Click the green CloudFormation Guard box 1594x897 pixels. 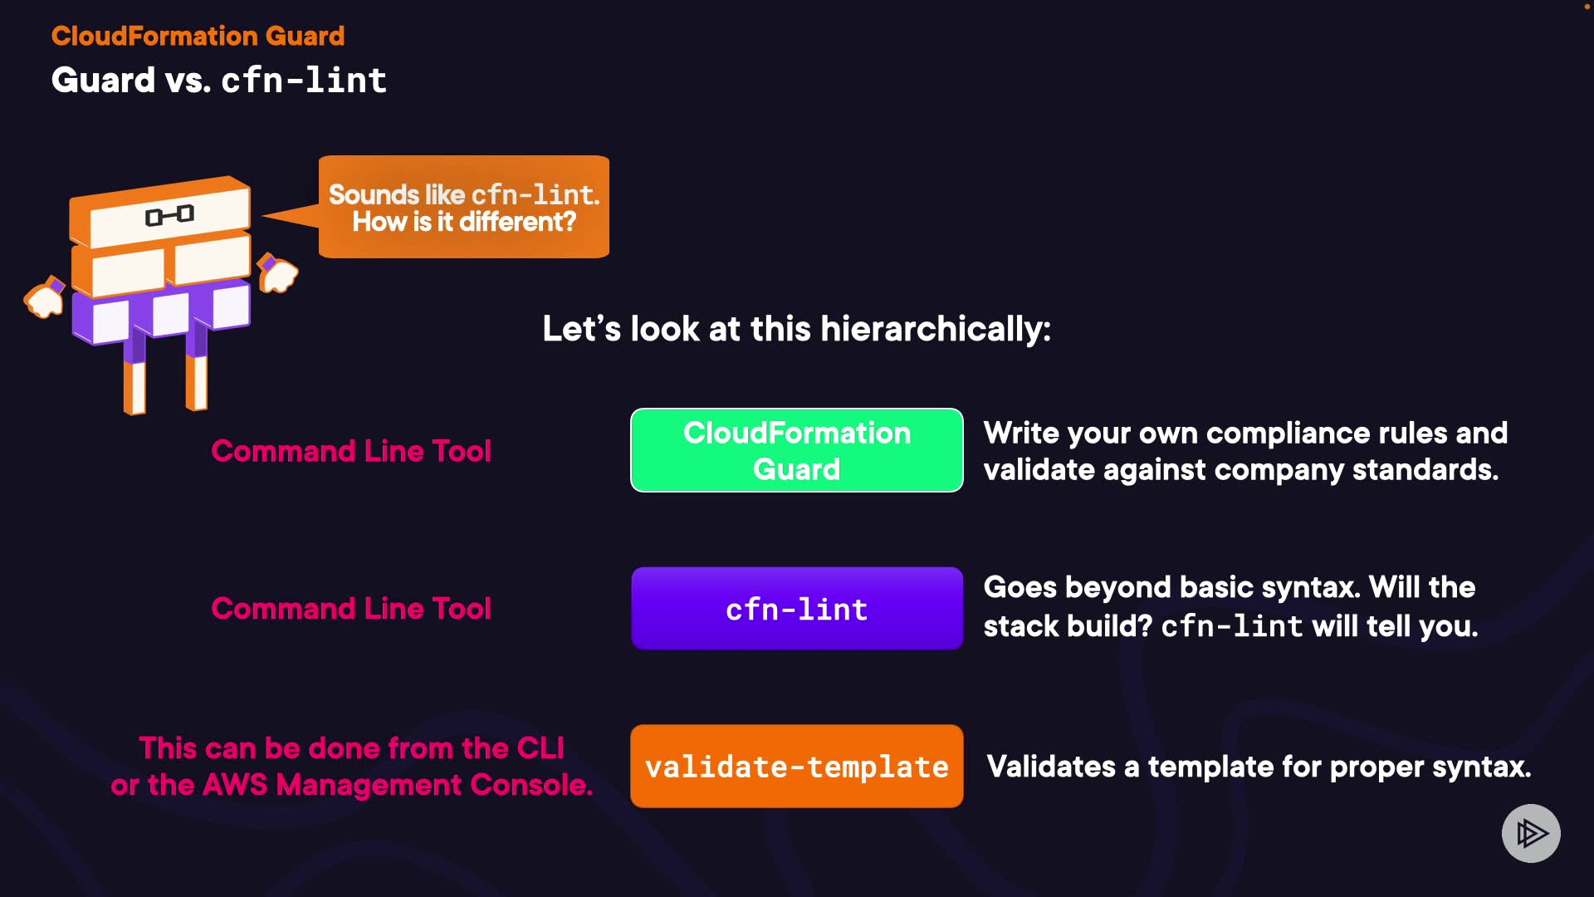pyautogui.click(x=796, y=450)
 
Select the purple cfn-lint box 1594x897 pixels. pyautogui.click(x=796, y=609)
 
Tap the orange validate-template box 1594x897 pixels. pyautogui.click(x=796, y=766)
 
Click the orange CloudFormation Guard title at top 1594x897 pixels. pyautogui.click(x=198, y=36)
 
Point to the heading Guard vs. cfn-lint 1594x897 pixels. pyautogui.click(x=218, y=81)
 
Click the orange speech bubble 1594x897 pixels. pyautogui.click(x=463, y=207)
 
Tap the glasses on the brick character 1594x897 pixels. pyautogui.click(x=169, y=216)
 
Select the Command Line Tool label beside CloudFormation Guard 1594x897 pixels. pyautogui.click(x=351, y=451)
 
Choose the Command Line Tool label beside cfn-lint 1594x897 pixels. pyautogui.click(x=351, y=609)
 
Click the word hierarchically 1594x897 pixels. pyautogui.click(x=935, y=329)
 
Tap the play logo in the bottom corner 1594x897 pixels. pyautogui.click(x=1531, y=833)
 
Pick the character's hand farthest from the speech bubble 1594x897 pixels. pyautogui.click(x=44, y=299)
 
